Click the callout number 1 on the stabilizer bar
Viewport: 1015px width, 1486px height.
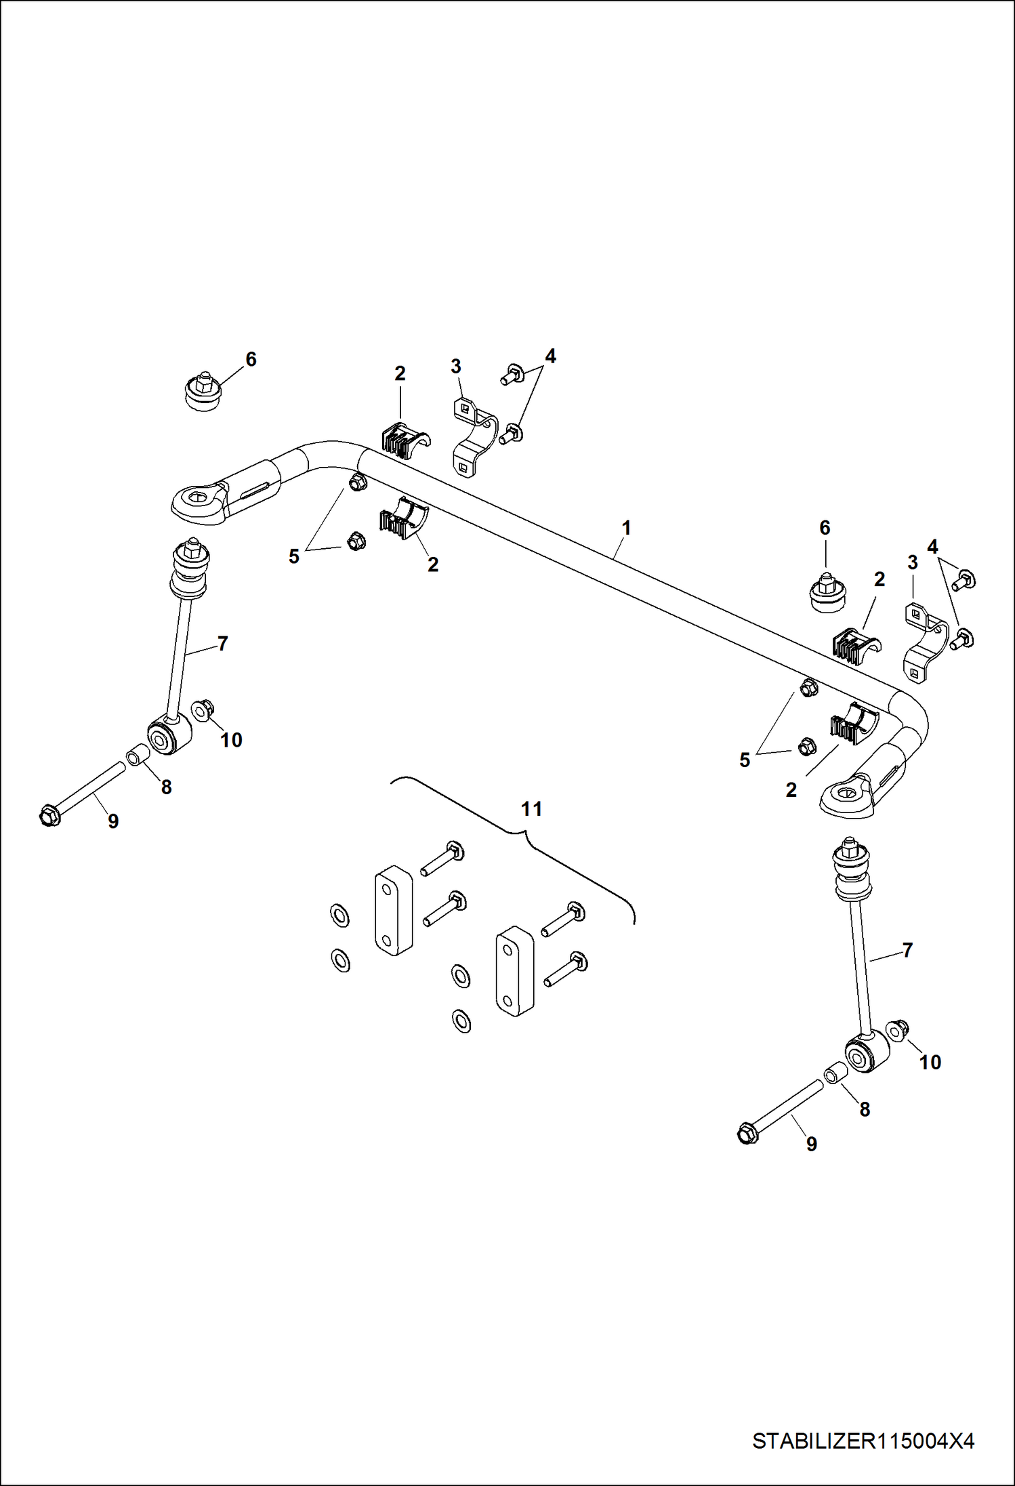626,528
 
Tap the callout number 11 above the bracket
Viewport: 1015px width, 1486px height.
531,808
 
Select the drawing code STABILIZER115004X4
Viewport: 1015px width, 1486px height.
863,1441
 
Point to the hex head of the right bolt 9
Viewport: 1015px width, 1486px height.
747,1133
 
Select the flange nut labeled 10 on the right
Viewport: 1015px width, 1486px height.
899,1030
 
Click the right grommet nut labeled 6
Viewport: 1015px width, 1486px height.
828,593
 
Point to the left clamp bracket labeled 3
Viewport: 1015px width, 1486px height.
474,435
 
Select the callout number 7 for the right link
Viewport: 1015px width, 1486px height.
907,950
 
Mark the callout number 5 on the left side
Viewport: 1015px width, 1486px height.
293,556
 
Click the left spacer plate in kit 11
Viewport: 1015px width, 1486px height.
393,909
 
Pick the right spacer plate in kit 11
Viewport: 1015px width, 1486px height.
516,971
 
